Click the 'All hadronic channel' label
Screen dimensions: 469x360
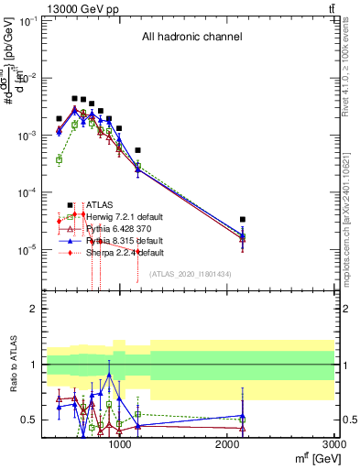[x=191, y=38]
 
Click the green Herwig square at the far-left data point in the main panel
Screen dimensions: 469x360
[x=59, y=159]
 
